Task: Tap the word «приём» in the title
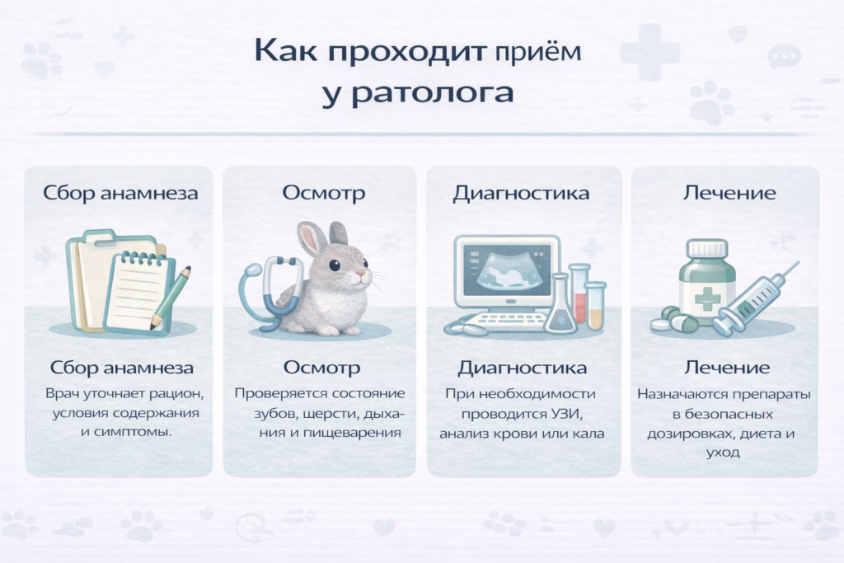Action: (540, 51)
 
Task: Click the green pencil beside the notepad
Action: (172, 294)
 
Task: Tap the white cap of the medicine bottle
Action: (707, 247)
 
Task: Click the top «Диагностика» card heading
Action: (521, 194)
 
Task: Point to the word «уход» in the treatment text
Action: (724, 452)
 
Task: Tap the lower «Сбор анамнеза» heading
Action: (122, 368)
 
